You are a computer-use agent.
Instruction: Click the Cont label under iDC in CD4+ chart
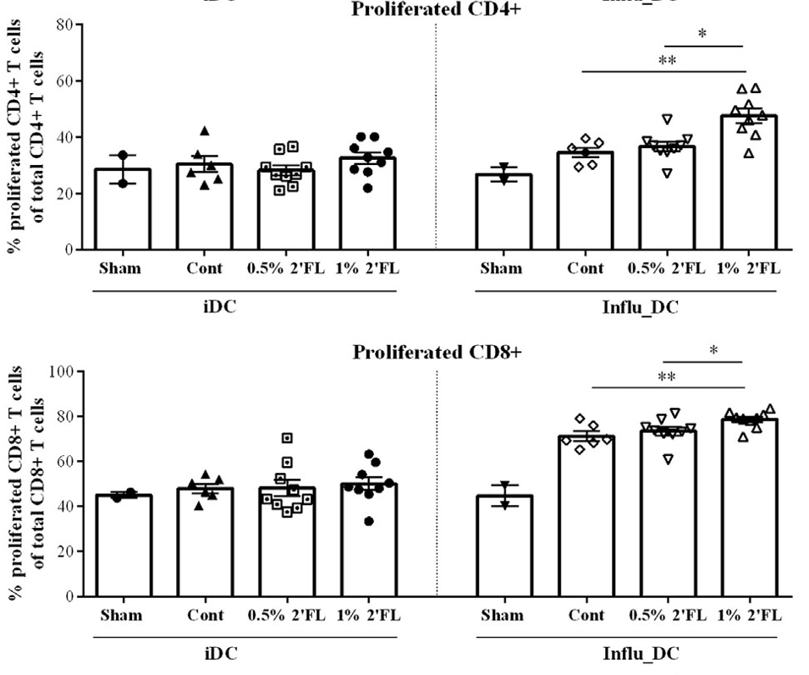(205, 269)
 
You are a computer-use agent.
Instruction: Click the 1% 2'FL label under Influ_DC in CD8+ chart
(748, 616)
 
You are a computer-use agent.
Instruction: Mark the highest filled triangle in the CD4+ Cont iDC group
(204, 131)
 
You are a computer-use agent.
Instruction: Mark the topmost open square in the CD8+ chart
(287, 438)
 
